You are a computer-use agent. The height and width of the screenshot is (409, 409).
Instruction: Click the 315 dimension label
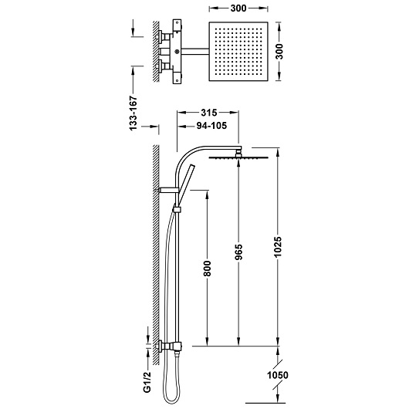209,113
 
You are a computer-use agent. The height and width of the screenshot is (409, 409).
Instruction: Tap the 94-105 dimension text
211,126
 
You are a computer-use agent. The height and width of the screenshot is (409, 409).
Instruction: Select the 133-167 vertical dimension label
133,113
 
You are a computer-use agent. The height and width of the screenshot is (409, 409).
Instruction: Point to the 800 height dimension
207,269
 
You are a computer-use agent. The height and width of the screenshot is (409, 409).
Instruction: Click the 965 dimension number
238,252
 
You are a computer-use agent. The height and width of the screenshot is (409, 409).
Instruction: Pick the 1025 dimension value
278,247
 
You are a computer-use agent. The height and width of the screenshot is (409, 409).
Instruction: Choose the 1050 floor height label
278,375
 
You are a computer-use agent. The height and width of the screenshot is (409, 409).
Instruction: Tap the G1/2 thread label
147,382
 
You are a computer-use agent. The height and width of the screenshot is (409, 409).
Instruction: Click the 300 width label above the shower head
238,8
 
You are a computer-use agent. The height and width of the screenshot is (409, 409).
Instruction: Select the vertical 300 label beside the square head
279,52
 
